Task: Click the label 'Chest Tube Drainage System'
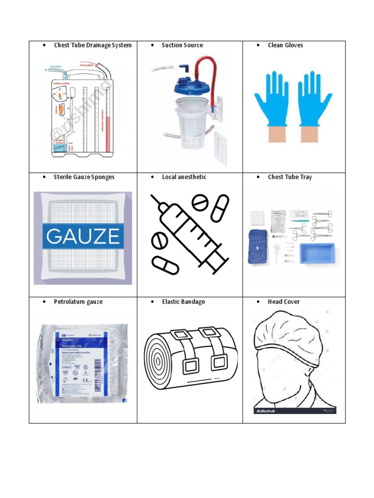click(x=93, y=45)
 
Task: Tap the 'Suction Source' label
click(x=182, y=45)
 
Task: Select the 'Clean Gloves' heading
click(x=285, y=45)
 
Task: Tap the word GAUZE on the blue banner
click(x=82, y=236)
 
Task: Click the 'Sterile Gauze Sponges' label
click(x=84, y=177)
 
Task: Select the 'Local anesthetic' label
click(x=184, y=177)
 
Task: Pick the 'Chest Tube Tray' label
click(x=290, y=177)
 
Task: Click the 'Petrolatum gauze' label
click(x=78, y=302)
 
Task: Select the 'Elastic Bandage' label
click(x=183, y=302)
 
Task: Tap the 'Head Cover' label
click(x=283, y=302)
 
